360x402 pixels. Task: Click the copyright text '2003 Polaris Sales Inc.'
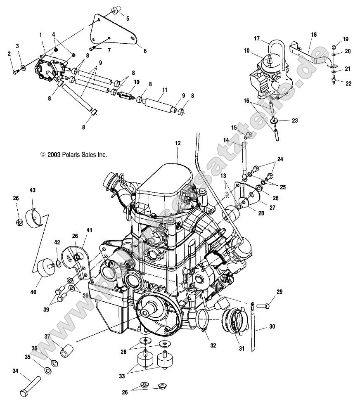click(x=73, y=155)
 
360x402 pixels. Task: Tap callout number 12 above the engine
click(x=178, y=143)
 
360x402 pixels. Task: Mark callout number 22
click(x=348, y=84)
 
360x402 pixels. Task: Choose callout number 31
click(x=242, y=348)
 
